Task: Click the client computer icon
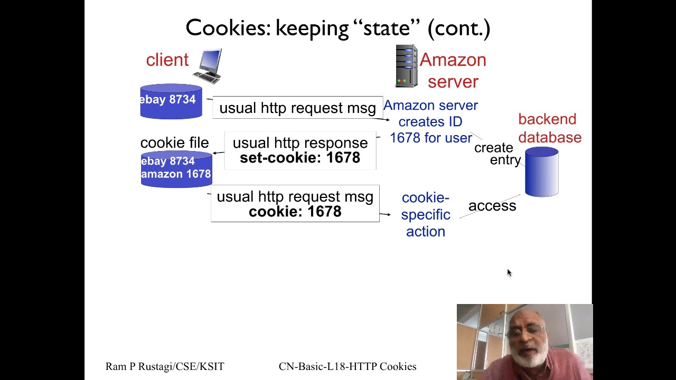pos(210,66)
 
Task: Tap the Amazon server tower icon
pos(406,66)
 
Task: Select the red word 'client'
pos(167,60)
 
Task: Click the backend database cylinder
pos(541,173)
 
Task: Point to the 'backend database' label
pos(549,128)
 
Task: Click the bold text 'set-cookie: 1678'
pos(299,158)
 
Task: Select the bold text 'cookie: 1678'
pos(295,212)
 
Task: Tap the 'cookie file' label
pos(174,143)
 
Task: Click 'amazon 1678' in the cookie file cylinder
pos(176,174)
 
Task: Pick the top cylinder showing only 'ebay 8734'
pos(171,101)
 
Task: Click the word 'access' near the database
pos(492,206)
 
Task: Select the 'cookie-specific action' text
pos(425,214)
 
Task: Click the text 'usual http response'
pos(299,143)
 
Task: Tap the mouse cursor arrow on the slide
pos(509,272)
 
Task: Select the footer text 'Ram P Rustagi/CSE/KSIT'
pos(165,366)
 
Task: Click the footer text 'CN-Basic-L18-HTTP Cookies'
pos(347,366)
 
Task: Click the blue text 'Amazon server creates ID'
pos(430,113)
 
